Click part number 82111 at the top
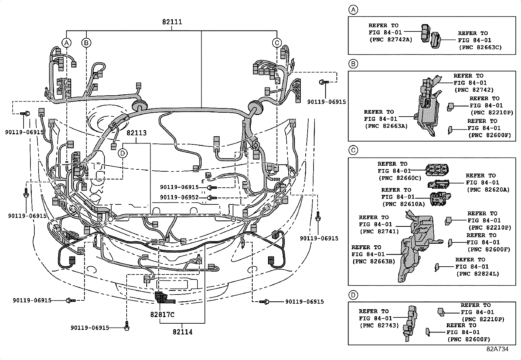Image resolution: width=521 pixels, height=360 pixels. pos(172,22)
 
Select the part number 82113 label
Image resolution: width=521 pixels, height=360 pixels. pos(136,133)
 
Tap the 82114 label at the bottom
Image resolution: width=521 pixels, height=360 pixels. pos(183,332)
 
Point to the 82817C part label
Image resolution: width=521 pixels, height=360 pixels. pos(162,314)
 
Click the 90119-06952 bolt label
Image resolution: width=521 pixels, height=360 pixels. pos(179,198)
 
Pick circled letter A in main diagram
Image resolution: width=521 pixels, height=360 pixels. pos(66,43)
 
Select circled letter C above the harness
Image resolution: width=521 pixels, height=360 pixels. pos(277,43)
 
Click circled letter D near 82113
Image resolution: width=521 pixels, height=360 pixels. pos(123,153)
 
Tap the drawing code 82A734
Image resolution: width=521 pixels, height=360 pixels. pos(497,349)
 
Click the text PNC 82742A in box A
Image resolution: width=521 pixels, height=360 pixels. pos(390,40)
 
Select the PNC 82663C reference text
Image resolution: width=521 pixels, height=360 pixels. pos(480,47)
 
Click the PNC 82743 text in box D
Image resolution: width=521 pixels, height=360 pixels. pos(379,326)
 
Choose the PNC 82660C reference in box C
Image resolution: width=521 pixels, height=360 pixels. pos(400,178)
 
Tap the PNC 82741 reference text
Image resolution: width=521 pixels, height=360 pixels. pos(379,231)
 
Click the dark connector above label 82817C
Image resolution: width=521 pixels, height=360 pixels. pos(161,297)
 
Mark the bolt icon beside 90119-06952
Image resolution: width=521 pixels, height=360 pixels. pos(212,198)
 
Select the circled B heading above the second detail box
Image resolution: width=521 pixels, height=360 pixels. pos(353,64)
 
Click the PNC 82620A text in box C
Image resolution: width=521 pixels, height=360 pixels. pos(488,190)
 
